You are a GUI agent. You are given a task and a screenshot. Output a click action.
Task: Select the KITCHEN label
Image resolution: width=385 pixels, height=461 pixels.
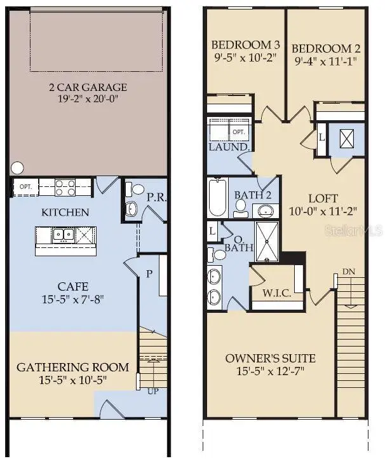tap(65, 212)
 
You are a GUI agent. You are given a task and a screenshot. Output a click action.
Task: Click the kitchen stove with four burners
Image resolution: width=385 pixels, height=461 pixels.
tap(65, 187)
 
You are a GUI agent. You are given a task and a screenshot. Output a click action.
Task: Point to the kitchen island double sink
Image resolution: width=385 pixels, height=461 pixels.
tap(62, 235)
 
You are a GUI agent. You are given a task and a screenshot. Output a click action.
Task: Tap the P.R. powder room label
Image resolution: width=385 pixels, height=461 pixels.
tap(156, 198)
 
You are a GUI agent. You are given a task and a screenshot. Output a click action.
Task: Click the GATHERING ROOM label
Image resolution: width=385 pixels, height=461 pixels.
tap(72, 367)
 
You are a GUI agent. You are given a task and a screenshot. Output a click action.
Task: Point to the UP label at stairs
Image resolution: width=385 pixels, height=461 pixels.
tap(154, 390)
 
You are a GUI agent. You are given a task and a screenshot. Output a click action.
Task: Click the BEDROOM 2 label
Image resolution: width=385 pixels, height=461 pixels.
tap(321, 48)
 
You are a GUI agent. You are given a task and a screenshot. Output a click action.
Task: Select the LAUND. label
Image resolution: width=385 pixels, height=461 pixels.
tap(228, 147)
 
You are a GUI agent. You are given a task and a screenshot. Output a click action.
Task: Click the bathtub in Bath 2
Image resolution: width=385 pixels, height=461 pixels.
tap(216, 198)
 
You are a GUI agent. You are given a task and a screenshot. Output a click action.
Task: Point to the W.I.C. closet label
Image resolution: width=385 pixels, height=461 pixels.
tap(277, 294)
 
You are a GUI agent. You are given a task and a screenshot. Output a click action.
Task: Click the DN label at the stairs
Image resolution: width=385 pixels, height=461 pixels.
tap(348, 272)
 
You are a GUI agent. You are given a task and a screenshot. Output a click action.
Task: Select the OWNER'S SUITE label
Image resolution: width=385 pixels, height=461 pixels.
tap(270, 358)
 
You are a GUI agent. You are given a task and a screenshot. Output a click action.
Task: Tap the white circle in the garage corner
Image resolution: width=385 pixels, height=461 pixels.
tap(17, 169)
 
